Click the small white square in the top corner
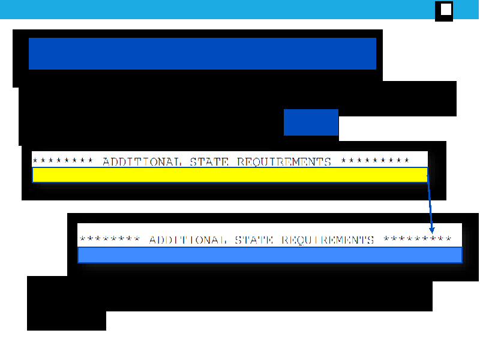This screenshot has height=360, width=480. [446, 9]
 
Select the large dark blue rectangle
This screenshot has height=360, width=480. [202, 53]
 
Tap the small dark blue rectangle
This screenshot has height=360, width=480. [311, 122]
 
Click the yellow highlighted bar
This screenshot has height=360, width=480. [230, 175]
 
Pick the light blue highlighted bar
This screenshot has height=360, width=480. [269, 255]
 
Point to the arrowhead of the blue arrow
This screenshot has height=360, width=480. [432, 230]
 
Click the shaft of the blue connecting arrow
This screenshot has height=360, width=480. [430, 204]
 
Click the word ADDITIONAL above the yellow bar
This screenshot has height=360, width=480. [142, 161]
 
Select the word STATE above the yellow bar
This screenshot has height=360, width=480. [209, 161]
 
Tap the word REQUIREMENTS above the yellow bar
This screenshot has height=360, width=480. [284, 161]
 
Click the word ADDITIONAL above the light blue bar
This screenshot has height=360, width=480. [188, 239]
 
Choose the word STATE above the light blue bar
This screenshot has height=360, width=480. [254, 239]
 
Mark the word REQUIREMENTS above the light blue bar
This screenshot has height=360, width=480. [328, 239]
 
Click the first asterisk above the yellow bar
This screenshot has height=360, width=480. [35, 160]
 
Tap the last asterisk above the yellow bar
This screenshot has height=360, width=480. [407, 160]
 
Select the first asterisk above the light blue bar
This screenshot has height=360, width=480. [82, 238]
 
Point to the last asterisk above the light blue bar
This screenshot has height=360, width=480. [448, 238]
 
